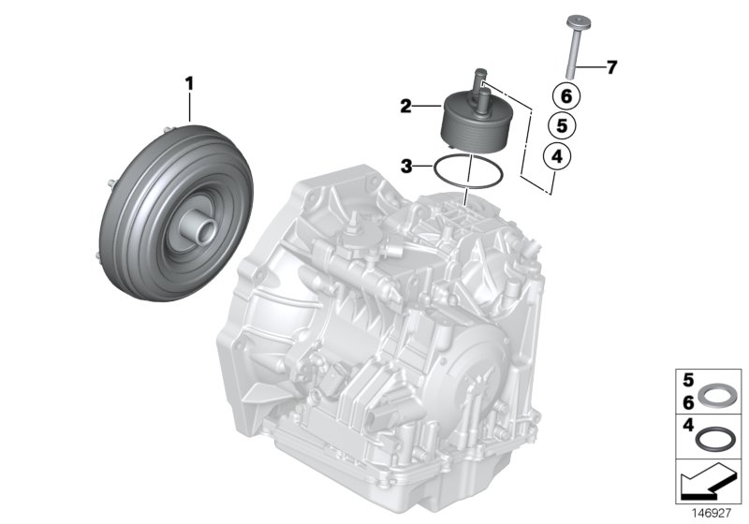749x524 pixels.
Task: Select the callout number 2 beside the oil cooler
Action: (x=406, y=108)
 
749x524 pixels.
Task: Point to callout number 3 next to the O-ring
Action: (x=406, y=167)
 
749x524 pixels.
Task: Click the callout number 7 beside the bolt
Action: (x=611, y=67)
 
